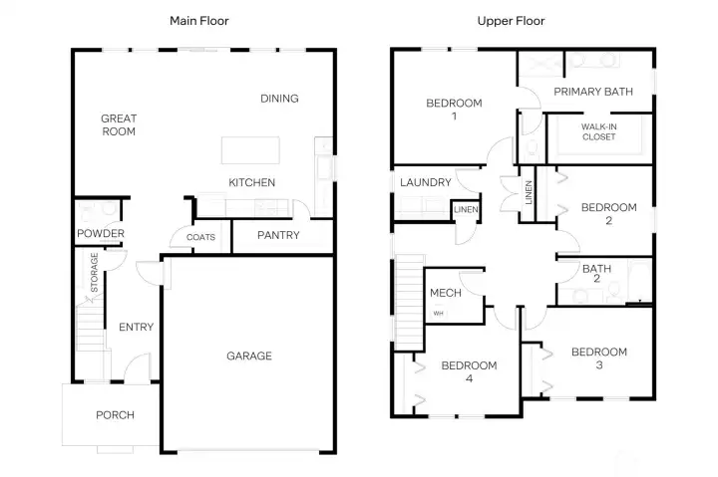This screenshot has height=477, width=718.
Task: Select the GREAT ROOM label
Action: coord(119,124)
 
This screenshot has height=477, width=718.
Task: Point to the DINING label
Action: coord(279,99)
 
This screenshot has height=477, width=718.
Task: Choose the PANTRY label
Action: coord(279,236)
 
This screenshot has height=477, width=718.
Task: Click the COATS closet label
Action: coord(200,238)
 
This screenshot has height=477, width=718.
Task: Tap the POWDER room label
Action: coord(101,234)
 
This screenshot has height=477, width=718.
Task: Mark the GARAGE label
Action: coord(248,356)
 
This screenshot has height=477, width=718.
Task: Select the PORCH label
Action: coord(115,415)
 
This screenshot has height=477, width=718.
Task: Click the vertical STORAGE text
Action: coord(95,270)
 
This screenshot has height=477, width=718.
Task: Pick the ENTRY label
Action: coord(136,328)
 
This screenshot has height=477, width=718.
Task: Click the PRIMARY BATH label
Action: coord(593,92)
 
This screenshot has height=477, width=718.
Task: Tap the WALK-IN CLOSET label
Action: coord(599,131)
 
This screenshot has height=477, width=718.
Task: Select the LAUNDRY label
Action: coord(426,183)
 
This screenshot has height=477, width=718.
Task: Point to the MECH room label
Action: coord(445,293)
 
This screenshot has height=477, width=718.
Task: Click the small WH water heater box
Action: coord(437,314)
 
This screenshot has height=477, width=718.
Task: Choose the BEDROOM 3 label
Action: coord(598,358)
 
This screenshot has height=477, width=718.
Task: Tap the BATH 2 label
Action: coord(596,274)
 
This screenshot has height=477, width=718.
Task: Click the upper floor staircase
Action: coord(410,293)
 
